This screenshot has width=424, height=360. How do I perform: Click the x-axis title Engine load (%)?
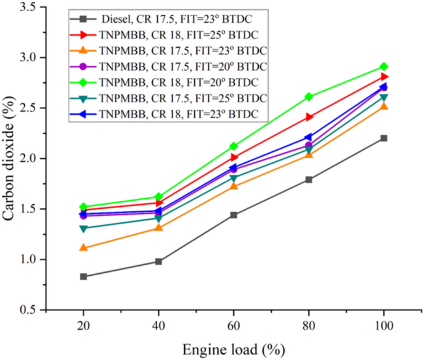pyautogui.click(x=233, y=349)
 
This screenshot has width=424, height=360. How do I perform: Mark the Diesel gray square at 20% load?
pyautogui.click(x=83, y=276)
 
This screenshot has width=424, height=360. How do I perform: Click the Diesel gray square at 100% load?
pyautogui.click(x=384, y=138)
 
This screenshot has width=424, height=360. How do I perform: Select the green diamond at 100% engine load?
pyautogui.click(x=384, y=66)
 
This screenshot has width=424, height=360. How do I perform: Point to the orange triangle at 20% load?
pyautogui.click(x=83, y=248)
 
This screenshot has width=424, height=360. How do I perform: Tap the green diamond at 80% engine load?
pyautogui.click(x=309, y=97)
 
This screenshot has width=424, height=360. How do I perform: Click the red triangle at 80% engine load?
pyautogui.click(x=309, y=116)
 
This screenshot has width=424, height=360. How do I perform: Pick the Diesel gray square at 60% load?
pyautogui.click(x=233, y=215)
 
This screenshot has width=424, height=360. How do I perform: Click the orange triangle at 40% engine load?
pyautogui.click(x=158, y=227)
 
